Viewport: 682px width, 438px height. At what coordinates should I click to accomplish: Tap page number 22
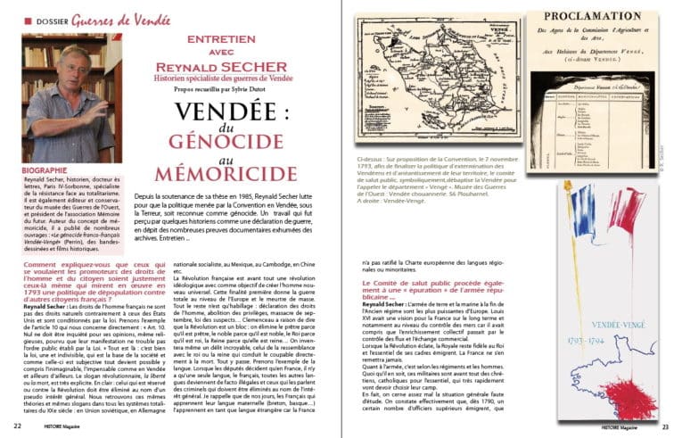(x=18, y=426)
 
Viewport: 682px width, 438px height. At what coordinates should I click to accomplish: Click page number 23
(x=663, y=426)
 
